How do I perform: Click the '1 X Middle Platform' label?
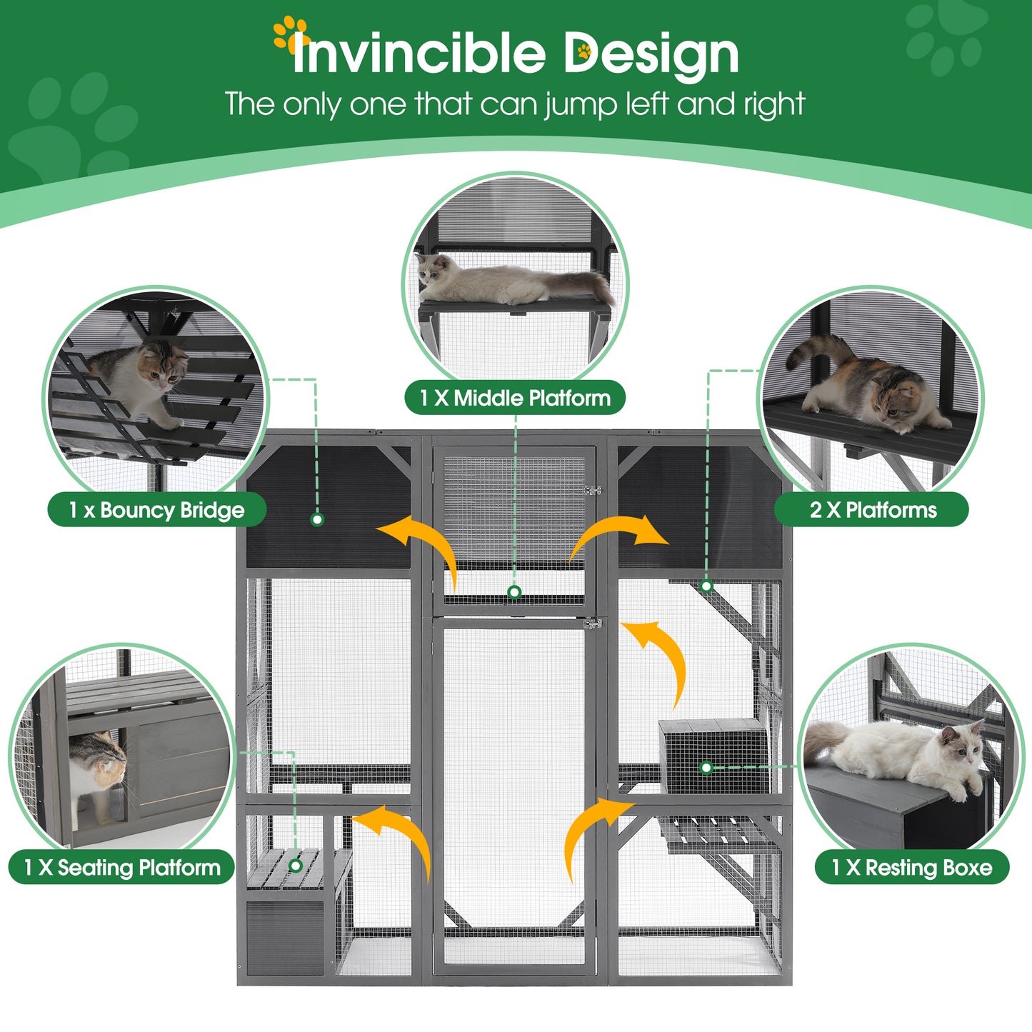point(514,398)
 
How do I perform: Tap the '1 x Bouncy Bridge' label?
point(156,510)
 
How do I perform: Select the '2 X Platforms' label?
point(872,510)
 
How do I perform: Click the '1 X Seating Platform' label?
point(121,867)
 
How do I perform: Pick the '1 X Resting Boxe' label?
point(911,867)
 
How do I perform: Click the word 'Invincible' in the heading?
point(418,54)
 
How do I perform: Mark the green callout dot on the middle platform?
point(514,592)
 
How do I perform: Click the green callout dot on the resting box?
point(706,768)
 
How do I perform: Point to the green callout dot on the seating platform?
point(296,866)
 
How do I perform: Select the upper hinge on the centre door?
point(592,491)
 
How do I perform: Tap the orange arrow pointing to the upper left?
point(421,546)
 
